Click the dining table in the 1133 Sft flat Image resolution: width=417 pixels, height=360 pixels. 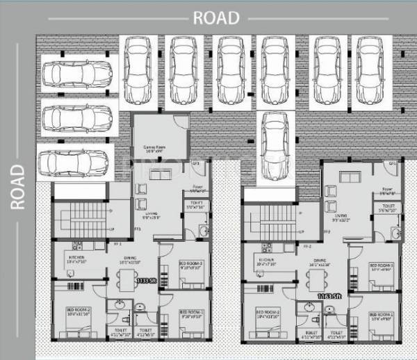point(126,279)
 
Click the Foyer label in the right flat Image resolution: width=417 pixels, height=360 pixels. point(387,188)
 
